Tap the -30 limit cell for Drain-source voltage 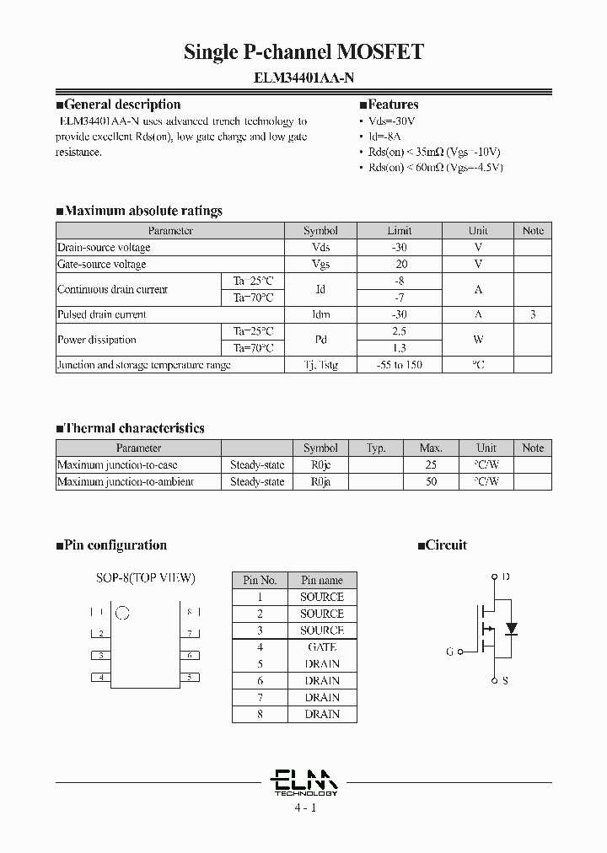pos(400,248)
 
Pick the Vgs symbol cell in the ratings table pos(320,265)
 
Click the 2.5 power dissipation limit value pos(400,331)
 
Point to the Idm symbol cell pos(320,314)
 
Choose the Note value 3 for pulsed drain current pos(533,314)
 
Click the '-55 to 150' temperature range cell pos(400,365)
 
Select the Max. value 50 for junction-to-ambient pos(431,481)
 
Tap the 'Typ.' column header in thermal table pos(376,448)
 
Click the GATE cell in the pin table pos(322,647)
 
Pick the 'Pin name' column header pos(322,580)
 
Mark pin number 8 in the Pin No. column pos(261,714)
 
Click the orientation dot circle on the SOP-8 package pos(122,612)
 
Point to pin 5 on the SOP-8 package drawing pos(192,677)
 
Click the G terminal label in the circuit pos(450,652)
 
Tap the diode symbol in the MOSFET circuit pos(510,629)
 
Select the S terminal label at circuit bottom pos(505,680)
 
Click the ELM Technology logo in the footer pos(305,782)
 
